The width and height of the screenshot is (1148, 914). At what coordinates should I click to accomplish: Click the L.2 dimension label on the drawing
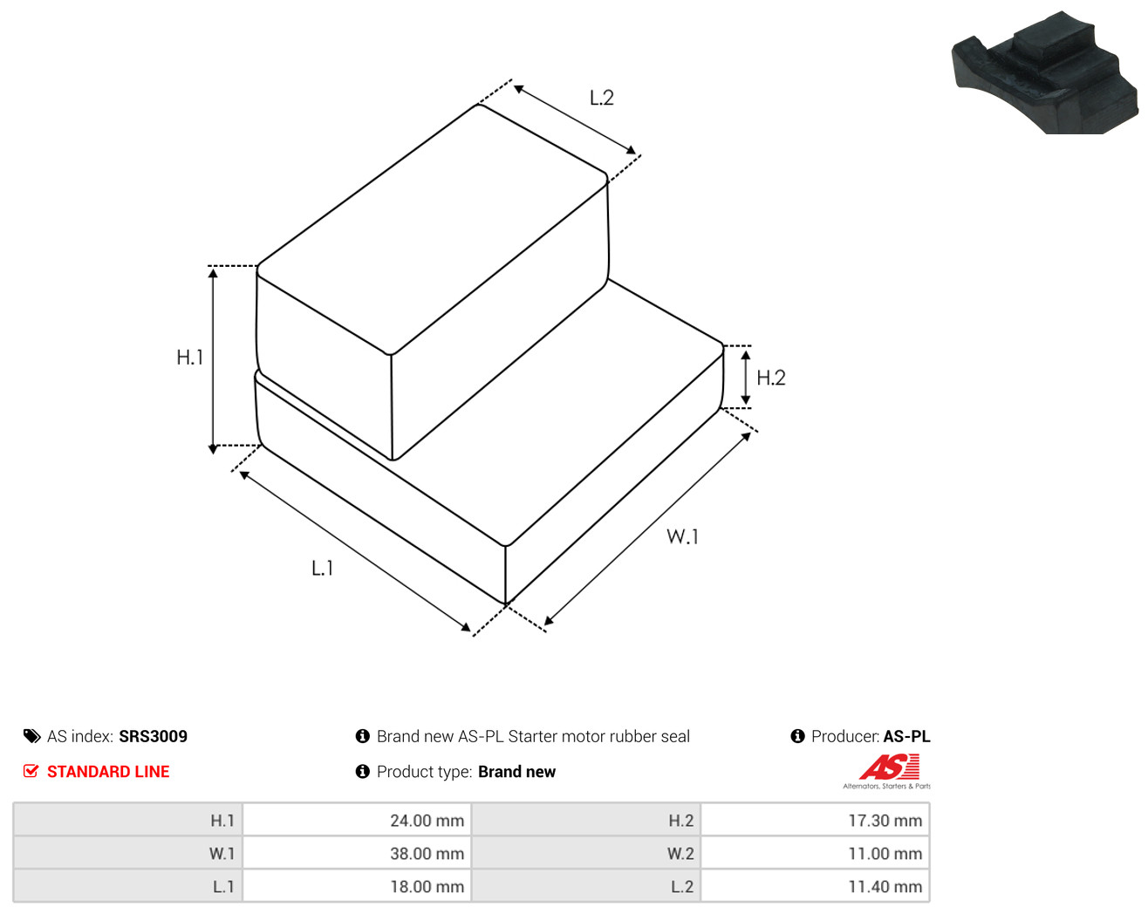pyautogui.click(x=602, y=98)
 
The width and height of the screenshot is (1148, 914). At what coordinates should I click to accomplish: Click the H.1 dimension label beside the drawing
pyautogui.click(x=190, y=358)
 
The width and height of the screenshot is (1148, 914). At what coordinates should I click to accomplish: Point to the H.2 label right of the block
pyautogui.click(x=771, y=378)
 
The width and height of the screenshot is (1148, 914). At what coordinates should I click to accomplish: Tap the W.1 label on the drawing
pyautogui.click(x=682, y=536)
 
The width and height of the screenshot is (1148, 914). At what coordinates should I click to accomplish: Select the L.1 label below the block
pyautogui.click(x=322, y=569)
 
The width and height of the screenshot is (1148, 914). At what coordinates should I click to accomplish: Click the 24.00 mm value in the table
pyautogui.click(x=427, y=820)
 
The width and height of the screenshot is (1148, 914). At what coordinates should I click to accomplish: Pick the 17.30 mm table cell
pyautogui.click(x=885, y=820)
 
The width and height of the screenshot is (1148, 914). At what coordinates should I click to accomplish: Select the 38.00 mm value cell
pyautogui.click(x=427, y=853)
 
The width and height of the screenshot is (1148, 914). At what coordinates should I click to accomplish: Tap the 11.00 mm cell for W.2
pyautogui.click(x=885, y=853)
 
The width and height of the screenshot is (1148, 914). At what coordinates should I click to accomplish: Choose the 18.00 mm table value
pyautogui.click(x=427, y=886)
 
